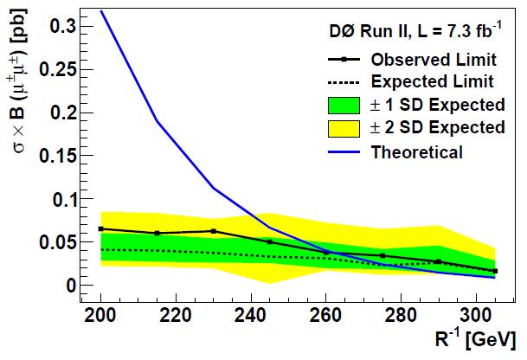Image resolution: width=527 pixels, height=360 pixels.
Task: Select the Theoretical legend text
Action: [x=416, y=151]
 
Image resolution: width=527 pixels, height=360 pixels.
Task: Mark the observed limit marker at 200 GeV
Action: [x=100, y=228]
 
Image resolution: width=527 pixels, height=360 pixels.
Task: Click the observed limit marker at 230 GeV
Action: [x=214, y=231]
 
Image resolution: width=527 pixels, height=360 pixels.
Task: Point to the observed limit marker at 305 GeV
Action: [x=495, y=271]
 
